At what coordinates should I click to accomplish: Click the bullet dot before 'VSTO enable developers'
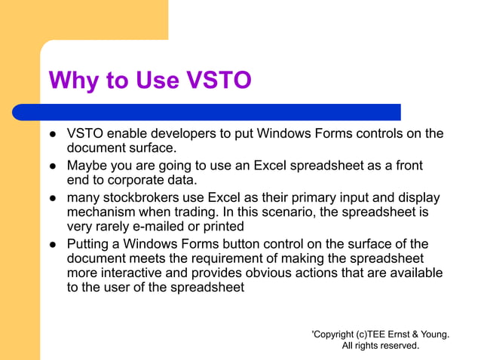[53, 135]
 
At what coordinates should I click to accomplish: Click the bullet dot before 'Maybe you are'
[53, 166]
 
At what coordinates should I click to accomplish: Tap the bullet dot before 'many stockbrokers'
[53, 198]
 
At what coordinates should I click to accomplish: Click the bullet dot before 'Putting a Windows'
[53, 245]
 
